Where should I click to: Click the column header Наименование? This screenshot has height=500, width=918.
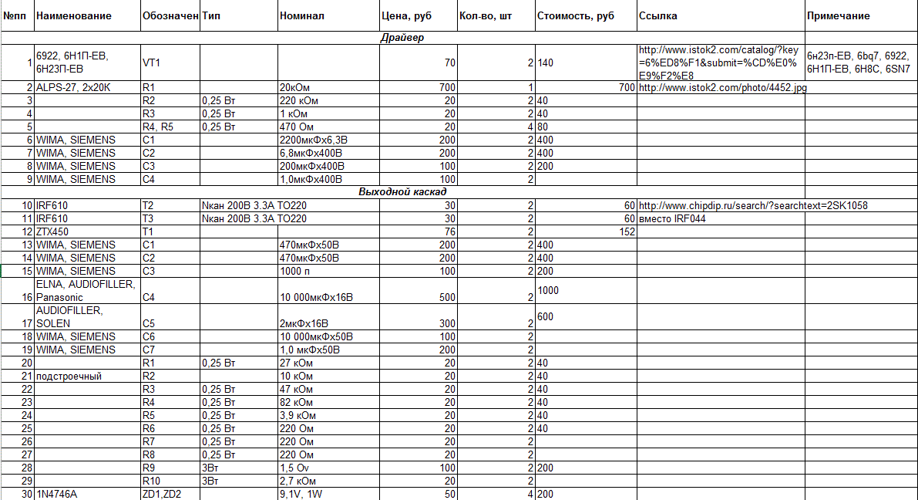[x=74, y=15]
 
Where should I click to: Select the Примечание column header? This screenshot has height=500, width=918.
[x=838, y=15]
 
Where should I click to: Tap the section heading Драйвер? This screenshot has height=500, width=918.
[x=402, y=37]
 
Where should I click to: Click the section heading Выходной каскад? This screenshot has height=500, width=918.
[x=402, y=192]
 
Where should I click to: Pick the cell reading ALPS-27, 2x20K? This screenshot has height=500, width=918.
[x=73, y=88]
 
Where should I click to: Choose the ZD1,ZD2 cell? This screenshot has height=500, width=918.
[x=163, y=494]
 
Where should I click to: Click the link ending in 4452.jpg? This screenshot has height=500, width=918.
[x=722, y=88]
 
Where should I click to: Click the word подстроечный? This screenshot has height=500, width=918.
[x=69, y=376]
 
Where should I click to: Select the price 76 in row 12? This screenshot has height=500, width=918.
[x=448, y=231]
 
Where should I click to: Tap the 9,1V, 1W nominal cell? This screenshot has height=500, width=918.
[x=303, y=494]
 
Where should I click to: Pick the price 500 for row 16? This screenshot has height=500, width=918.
[x=446, y=297]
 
